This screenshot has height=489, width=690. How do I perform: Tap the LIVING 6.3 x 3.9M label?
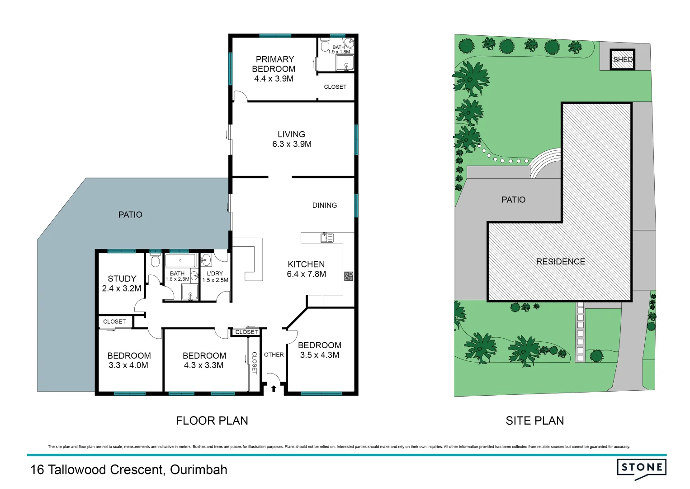coord(292,139)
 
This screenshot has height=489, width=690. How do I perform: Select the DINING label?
coord(325,205)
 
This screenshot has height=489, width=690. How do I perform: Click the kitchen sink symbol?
coord(327,237)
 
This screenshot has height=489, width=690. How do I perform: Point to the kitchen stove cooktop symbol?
coord(348,276)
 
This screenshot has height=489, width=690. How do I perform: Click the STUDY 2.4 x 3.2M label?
coord(122,283)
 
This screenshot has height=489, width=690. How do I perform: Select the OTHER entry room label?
coord(274,355)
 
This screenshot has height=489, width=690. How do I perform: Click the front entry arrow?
coord(274,388)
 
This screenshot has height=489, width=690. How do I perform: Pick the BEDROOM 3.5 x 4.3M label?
coord(320,350)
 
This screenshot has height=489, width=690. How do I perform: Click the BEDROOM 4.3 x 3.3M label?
coord(204,360)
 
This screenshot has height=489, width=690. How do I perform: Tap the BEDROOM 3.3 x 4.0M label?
coord(129,360)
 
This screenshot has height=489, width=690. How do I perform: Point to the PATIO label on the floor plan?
coord(130,215)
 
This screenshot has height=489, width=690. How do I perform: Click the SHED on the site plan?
coord(623,59)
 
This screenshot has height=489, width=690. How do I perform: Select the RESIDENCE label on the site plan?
coord(560,261)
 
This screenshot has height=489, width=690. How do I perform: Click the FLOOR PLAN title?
coord(212,421)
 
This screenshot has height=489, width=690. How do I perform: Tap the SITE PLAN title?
coord(534,421)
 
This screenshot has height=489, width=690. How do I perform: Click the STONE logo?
coord(642,468)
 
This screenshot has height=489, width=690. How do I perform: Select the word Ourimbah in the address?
coord(198,470)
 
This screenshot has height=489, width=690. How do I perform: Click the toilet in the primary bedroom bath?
coord(325,45)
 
